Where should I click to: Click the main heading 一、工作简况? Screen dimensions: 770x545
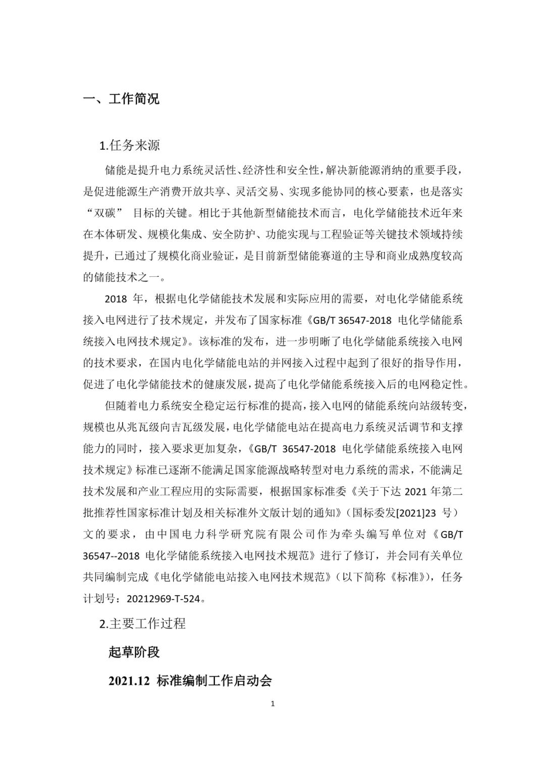tap(121, 99)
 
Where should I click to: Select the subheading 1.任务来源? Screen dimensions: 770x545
tap(130, 146)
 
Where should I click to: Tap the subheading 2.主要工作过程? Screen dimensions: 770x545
tap(143, 624)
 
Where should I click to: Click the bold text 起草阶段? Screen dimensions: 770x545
tap(134, 652)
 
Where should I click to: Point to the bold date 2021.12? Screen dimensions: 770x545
tap(129, 681)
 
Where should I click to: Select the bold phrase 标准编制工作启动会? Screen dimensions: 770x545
tap(214, 681)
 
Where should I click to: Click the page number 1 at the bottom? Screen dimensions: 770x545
tap(272, 704)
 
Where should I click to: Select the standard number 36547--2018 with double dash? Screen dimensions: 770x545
tap(112, 556)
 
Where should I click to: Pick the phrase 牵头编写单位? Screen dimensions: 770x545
tap(364, 535)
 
